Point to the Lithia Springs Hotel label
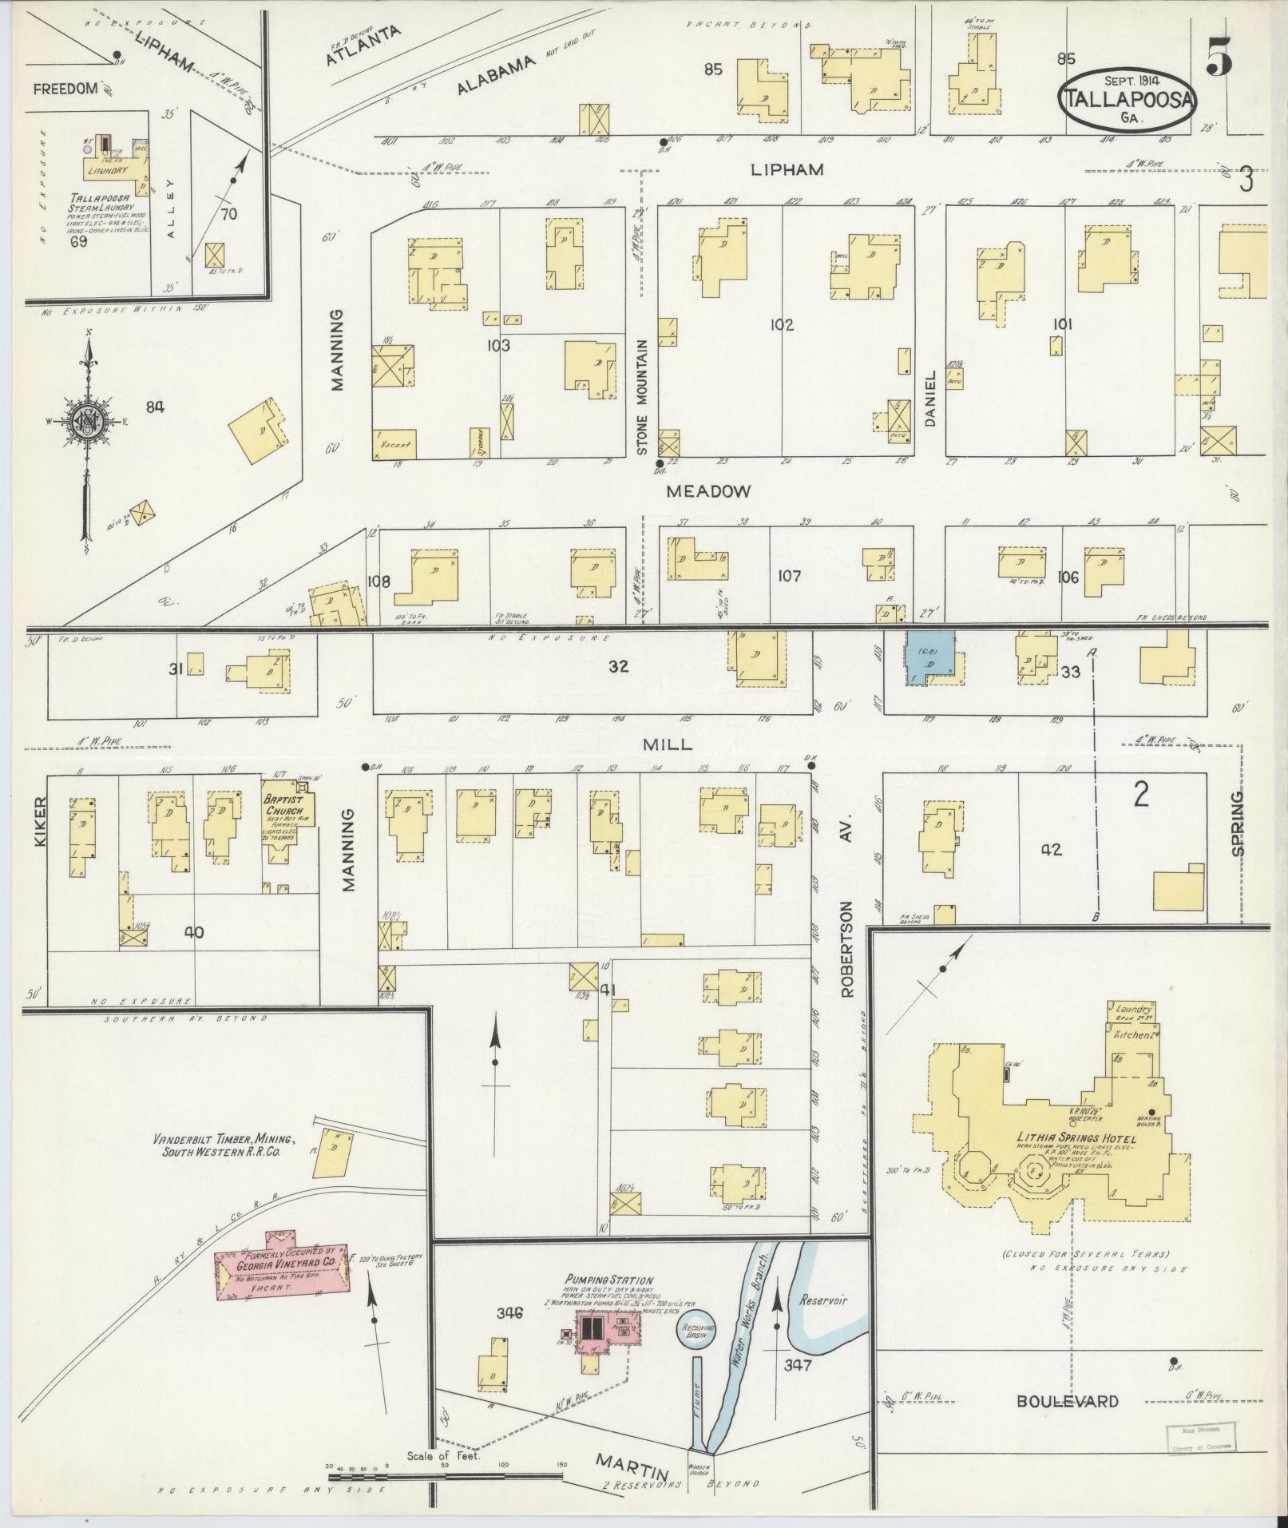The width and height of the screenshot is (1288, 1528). (1076, 1137)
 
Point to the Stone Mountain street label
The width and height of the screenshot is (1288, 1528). (642, 397)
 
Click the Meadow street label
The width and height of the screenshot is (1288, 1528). (708, 491)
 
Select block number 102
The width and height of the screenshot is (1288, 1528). (782, 325)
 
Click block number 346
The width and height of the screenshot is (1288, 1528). (509, 1312)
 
